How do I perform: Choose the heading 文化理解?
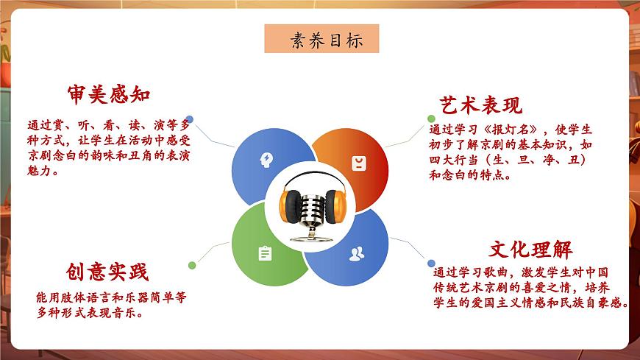pos(530,249)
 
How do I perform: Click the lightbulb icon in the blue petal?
pos(266,160)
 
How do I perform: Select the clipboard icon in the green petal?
pos(265,253)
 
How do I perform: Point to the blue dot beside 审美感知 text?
pos(190,118)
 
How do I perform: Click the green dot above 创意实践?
pos(192,265)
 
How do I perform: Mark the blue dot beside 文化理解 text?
pos(431,260)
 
